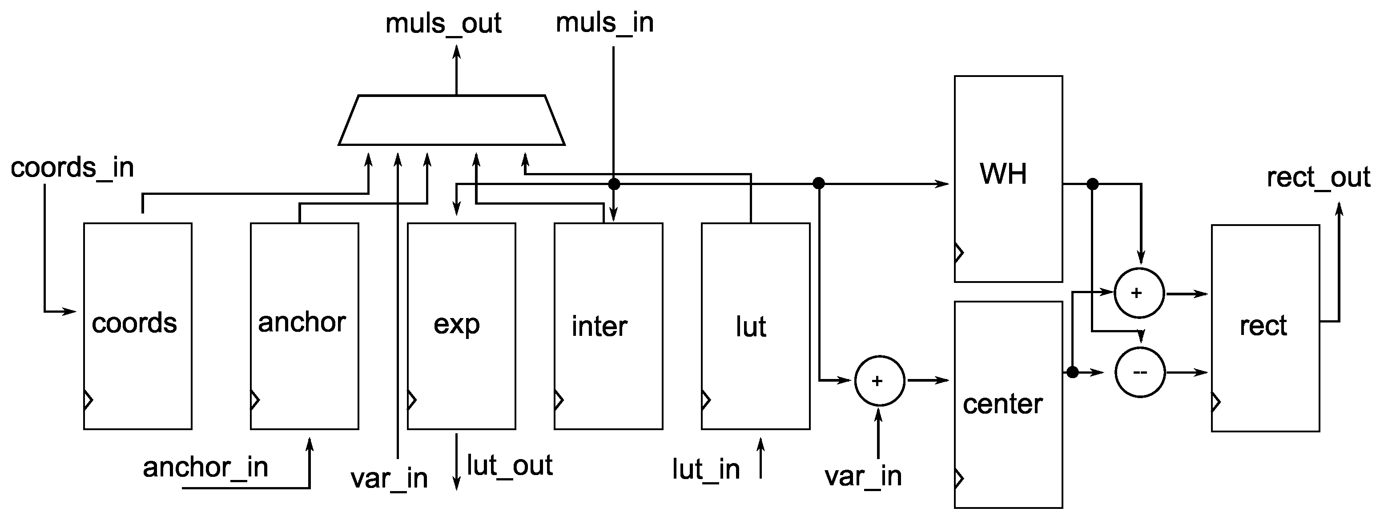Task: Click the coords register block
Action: [x=137, y=326]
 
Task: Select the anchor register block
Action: [x=304, y=326]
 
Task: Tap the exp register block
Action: [x=461, y=326]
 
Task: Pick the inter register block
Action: [x=608, y=326]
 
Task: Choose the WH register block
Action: [x=1008, y=178]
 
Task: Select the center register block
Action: [x=1008, y=404]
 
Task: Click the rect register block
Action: [x=1265, y=328]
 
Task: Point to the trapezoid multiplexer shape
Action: [x=451, y=121]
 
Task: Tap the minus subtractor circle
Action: [x=1139, y=372]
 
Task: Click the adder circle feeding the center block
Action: [x=879, y=380]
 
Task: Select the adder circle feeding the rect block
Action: [x=1139, y=293]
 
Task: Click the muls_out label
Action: [x=443, y=24]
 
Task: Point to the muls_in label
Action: [x=604, y=23]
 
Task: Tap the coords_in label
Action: [x=72, y=168]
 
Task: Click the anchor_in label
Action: [x=205, y=467]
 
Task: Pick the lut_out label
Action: [x=509, y=465]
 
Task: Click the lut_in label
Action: [x=705, y=469]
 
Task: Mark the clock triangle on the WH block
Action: [x=959, y=253]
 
